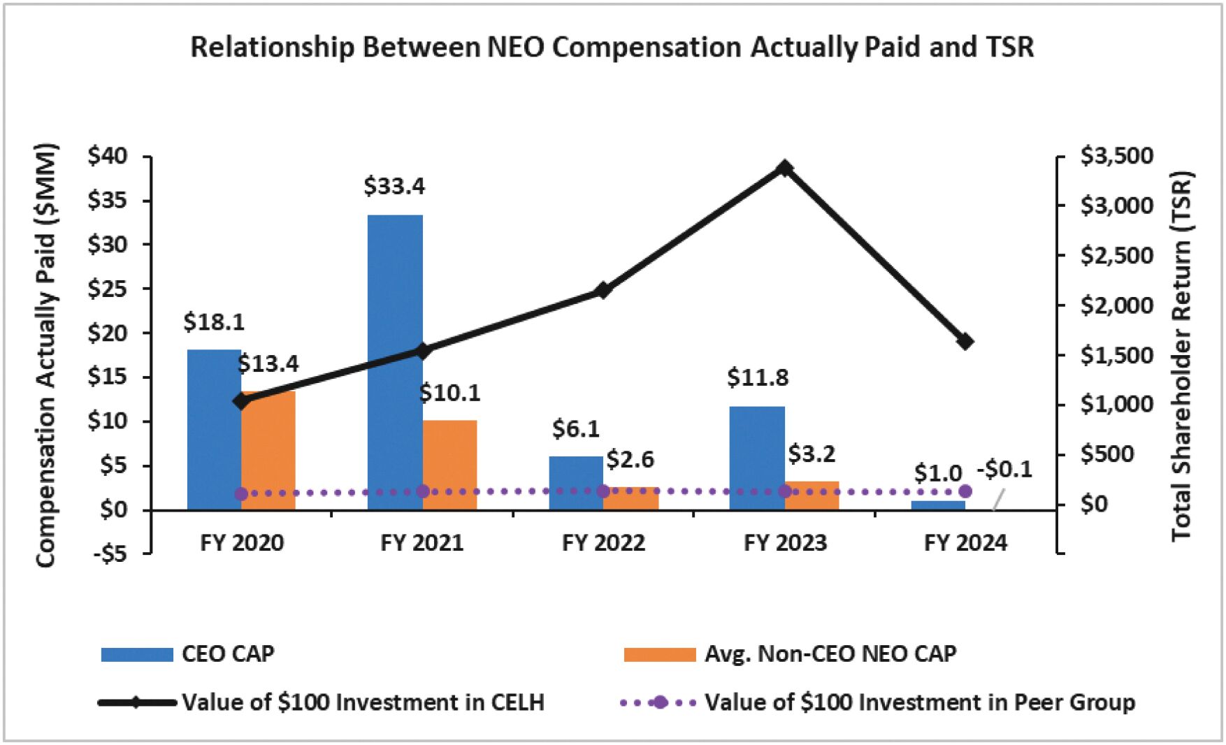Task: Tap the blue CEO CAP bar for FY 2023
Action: pyautogui.click(x=757, y=458)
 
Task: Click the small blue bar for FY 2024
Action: pyautogui.click(x=938, y=505)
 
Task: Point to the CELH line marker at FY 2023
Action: pyautogui.click(x=785, y=168)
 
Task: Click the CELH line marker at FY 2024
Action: pyautogui.click(x=965, y=342)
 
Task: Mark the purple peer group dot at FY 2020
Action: pyautogui.click(x=241, y=494)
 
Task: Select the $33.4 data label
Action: pyautogui.click(x=394, y=187)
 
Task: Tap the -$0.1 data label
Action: pyautogui.click(x=1004, y=470)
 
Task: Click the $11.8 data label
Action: pyautogui.click(x=758, y=378)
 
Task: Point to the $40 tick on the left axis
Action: pyautogui.click(x=108, y=157)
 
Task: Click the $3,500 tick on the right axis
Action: pyautogui.click(x=1117, y=156)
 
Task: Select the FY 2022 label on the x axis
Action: pyautogui.click(x=603, y=543)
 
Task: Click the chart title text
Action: pyautogui.click(x=612, y=48)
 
